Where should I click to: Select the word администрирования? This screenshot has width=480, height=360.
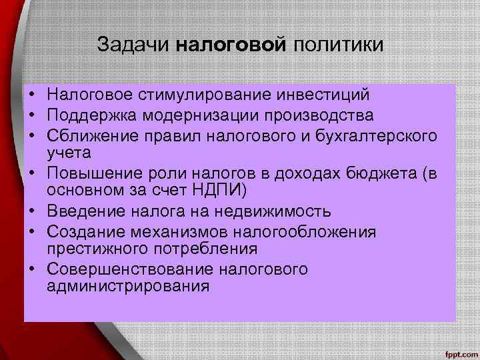(128, 287)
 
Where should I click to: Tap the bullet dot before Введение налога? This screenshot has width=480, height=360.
(32, 212)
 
